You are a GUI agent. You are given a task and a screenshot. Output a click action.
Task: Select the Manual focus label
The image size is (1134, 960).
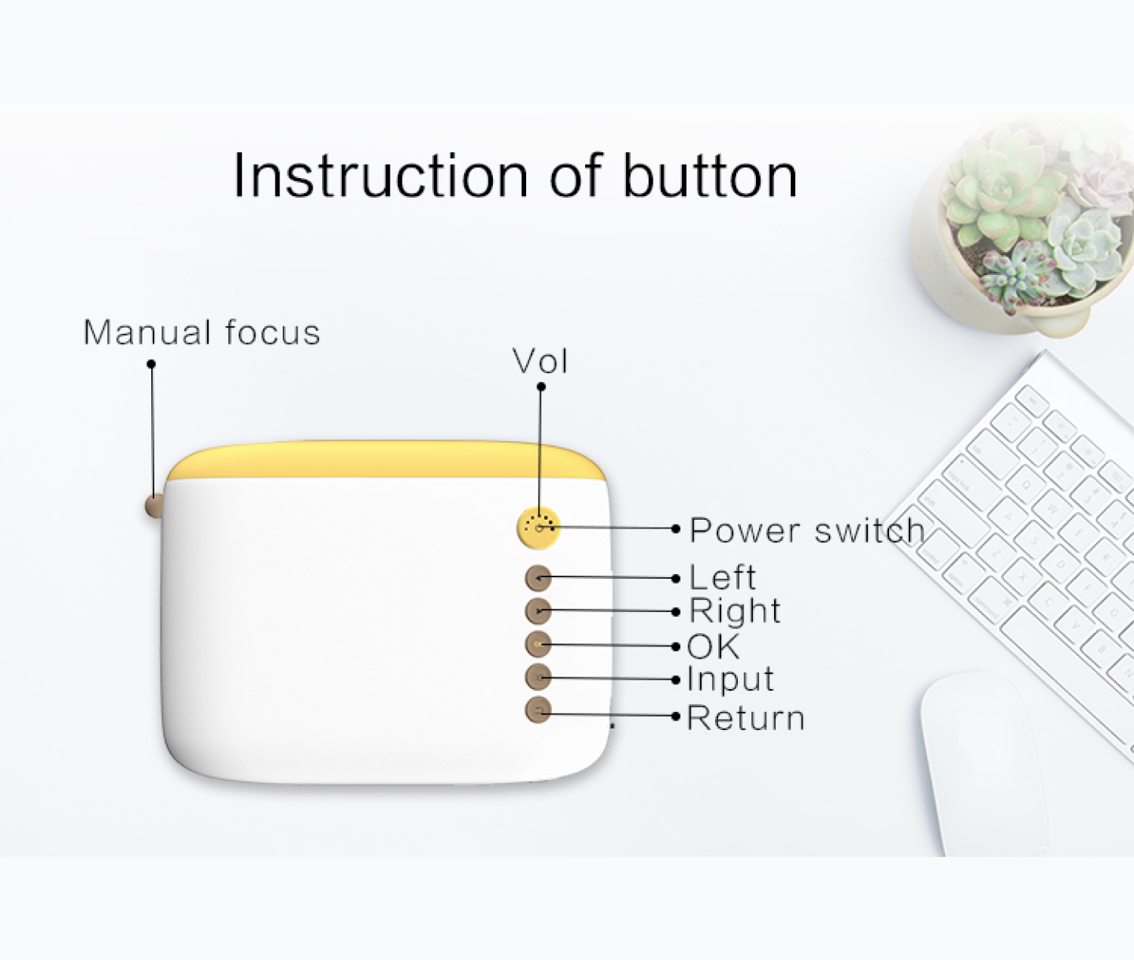(x=202, y=332)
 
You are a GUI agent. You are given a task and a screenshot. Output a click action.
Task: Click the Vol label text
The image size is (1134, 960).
(x=540, y=361)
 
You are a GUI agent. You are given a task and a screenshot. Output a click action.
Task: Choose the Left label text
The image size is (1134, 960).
(x=723, y=577)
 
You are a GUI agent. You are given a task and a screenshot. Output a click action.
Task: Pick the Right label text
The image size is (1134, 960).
(x=735, y=610)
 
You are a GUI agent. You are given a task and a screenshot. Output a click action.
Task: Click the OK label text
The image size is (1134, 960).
(x=713, y=647)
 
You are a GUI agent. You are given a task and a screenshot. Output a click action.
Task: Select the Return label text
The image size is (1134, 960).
(x=746, y=718)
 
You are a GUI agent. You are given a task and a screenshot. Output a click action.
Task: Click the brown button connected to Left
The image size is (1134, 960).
(x=538, y=578)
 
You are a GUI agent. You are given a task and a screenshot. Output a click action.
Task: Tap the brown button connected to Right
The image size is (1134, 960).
(x=538, y=611)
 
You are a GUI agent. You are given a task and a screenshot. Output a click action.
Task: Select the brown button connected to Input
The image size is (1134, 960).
(x=538, y=678)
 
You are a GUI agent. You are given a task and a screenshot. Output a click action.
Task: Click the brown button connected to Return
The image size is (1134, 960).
(x=538, y=711)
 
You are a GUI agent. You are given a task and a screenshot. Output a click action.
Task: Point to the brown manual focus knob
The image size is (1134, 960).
(x=154, y=506)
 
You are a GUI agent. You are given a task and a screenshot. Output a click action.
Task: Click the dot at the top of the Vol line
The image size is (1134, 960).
(x=541, y=387)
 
